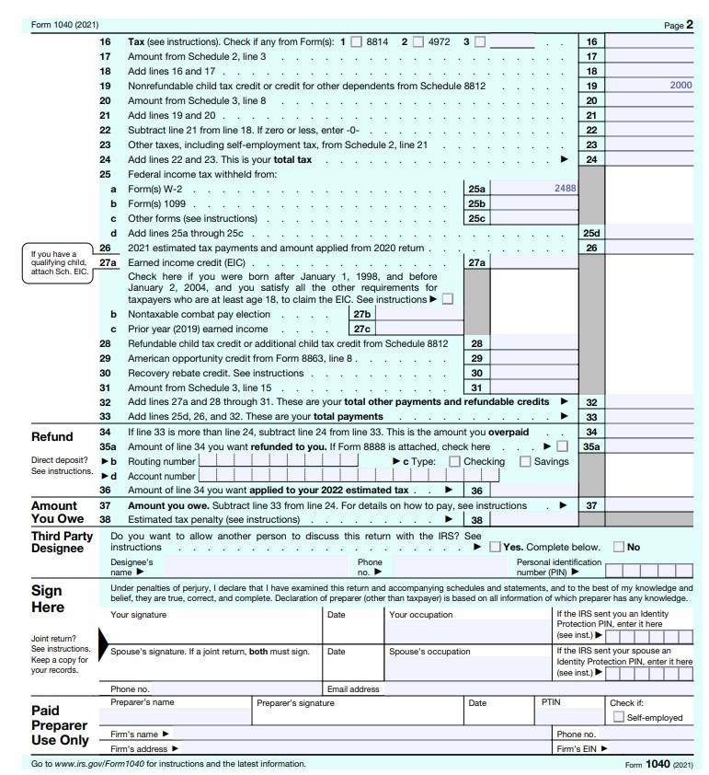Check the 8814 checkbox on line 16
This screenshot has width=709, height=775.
356,41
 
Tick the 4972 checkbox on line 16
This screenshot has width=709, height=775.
417,41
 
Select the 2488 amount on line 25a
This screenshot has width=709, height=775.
565,188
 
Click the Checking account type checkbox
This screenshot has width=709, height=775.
455,461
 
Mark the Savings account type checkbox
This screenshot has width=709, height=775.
526,461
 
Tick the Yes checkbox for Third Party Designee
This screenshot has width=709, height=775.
496,547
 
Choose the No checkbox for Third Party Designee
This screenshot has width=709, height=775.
618,547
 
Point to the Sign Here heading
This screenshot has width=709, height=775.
48,598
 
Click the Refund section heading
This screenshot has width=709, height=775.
52,436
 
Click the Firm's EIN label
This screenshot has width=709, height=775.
580,748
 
